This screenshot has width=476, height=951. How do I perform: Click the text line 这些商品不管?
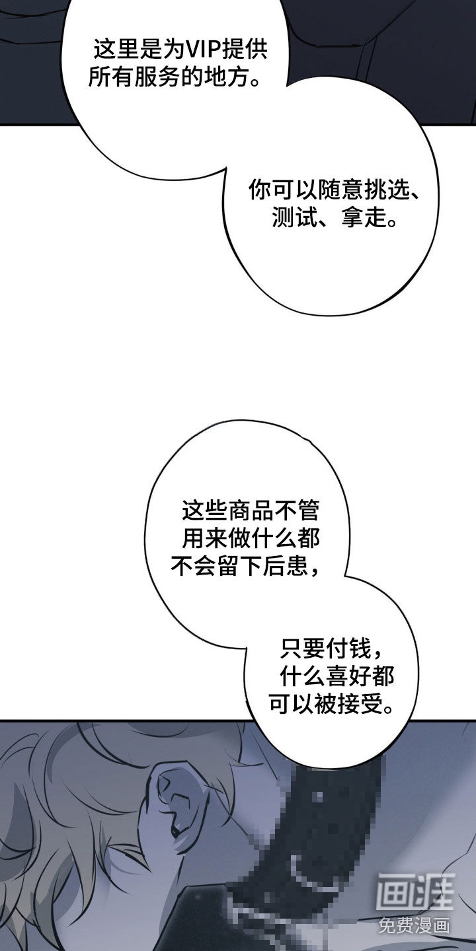pos(250,511)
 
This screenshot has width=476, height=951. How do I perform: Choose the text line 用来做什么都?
pos(251,538)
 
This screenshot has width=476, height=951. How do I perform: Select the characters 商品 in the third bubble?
pos(250,511)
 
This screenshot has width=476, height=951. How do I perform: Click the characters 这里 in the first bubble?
pos(116,50)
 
